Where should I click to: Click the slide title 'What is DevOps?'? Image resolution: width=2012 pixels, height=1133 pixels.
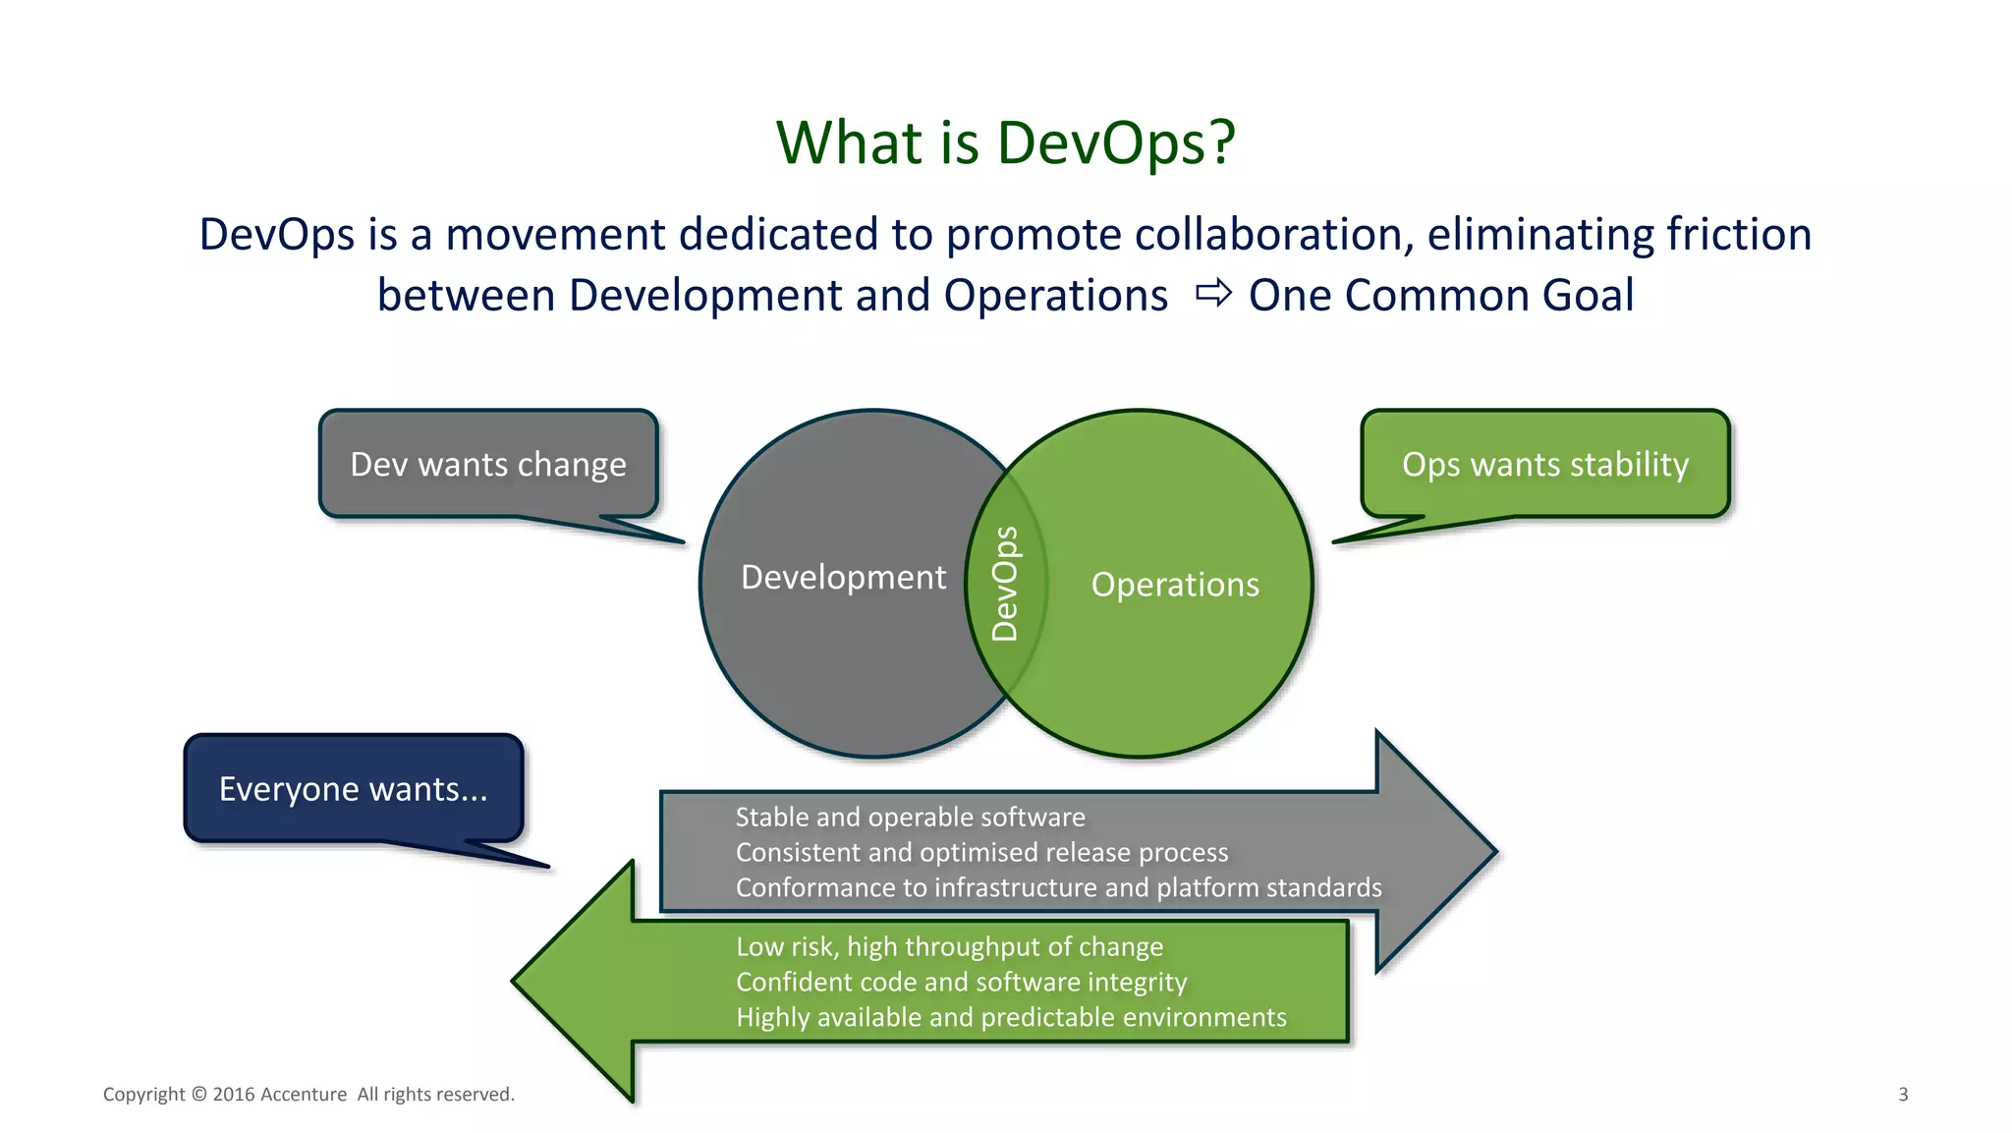pos(1005,142)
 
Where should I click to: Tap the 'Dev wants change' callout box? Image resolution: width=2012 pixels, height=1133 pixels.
pos(488,464)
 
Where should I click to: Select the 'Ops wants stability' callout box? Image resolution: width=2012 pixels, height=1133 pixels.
pos(1544,464)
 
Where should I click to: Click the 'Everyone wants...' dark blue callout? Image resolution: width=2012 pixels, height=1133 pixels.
pos(353,788)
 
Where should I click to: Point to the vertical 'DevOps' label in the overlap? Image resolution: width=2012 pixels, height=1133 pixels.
pos(1005,584)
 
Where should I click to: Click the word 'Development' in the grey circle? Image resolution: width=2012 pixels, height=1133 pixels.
pos(843,577)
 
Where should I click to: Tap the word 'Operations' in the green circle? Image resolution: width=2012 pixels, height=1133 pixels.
pos(1175,585)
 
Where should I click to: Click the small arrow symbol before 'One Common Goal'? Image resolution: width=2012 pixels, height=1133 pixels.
pos(1213,293)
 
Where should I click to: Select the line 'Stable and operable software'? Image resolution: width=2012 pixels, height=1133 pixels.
pos(910,817)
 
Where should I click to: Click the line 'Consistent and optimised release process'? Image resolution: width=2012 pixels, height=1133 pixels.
pos(981,852)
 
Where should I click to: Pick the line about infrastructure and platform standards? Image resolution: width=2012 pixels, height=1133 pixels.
pos(1058,887)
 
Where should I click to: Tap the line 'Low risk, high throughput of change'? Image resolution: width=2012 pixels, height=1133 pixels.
pos(949,946)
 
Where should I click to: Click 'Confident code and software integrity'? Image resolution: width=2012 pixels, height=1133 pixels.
pos(961,982)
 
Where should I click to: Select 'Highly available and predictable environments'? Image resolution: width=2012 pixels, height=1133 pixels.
pos(1011,1017)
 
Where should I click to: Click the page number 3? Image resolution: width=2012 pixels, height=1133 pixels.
pos(1903,1094)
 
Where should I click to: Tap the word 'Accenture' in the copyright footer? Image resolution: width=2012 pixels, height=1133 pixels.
pos(304,1094)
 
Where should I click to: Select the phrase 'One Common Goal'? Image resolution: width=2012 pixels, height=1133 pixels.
pos(1441,295)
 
